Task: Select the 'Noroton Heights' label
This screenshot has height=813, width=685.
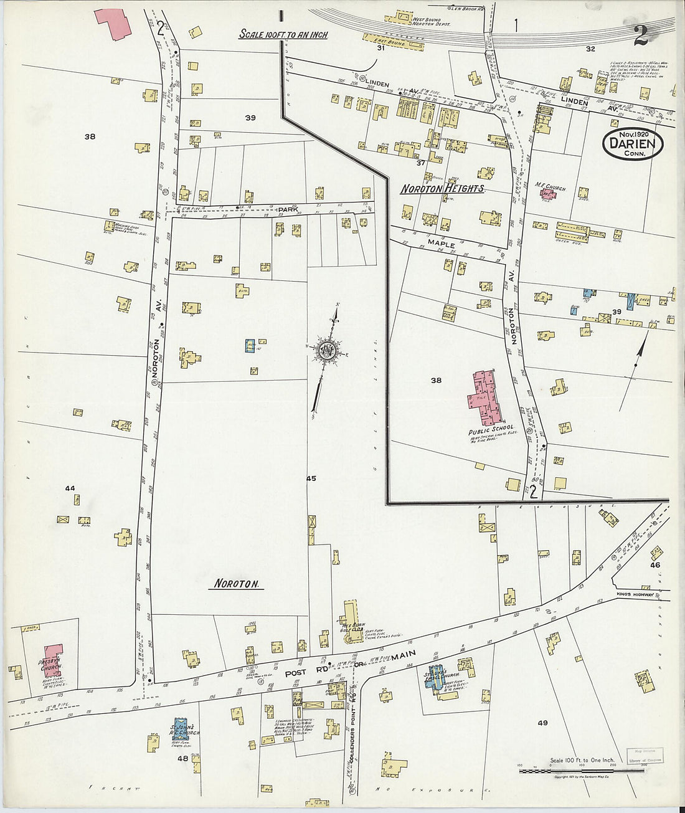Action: (442, 188)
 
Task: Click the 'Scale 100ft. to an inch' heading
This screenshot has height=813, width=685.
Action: (283, 35)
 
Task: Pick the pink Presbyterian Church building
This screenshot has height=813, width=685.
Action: (53, 658)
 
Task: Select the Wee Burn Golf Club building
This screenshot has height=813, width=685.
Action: (350, 615)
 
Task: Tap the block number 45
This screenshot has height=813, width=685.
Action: (311, 478)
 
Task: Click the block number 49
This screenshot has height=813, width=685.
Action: (542, 723)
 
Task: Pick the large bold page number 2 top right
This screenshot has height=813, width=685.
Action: (641, 36)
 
